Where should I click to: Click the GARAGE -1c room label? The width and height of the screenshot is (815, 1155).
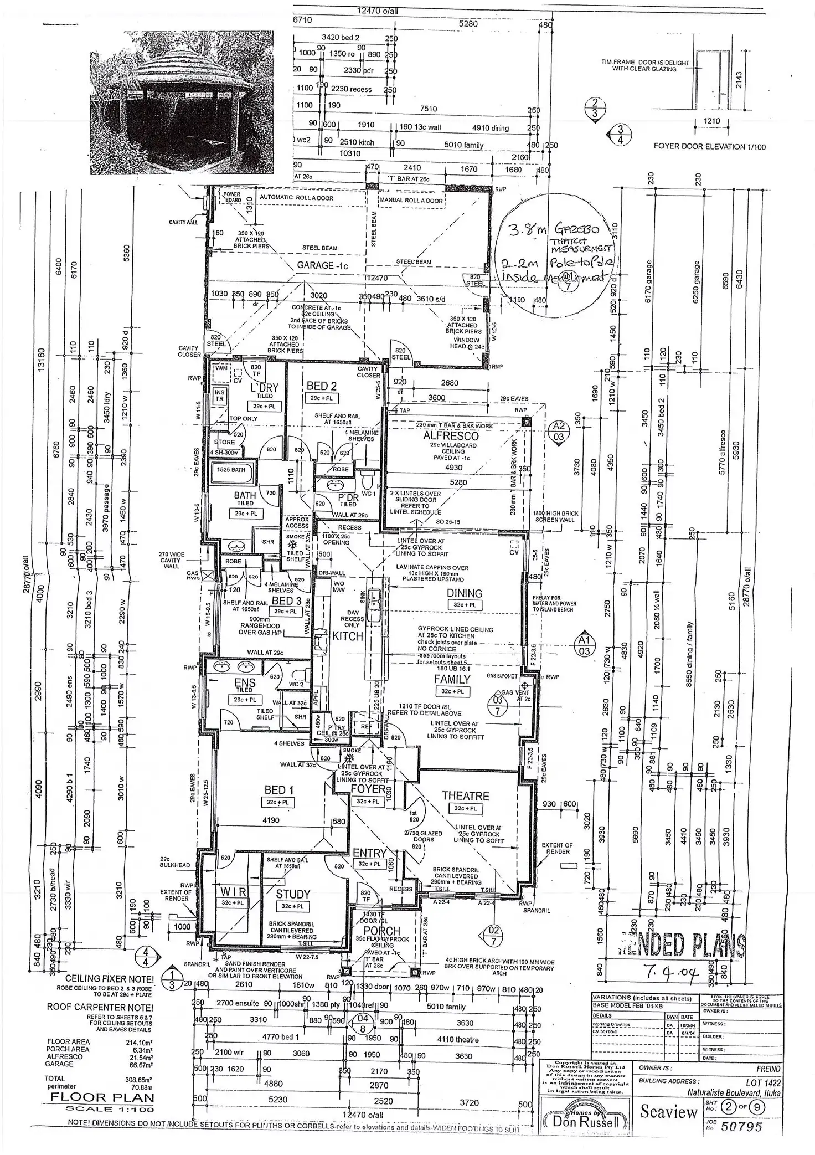[x=322, y=265]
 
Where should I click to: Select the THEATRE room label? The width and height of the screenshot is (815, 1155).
[x=465, y=796]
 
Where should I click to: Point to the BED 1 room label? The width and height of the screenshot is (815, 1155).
[x=278, y=790]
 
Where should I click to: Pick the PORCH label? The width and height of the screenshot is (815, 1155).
[x=381, y=931]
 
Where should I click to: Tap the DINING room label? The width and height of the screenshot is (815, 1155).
[x=465, y=593]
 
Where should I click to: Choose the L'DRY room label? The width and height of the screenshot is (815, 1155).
[x=264, y=388]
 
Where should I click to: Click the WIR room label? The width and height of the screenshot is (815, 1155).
[x=234, y=892]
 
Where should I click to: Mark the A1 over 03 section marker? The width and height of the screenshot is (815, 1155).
[x=584, y=645]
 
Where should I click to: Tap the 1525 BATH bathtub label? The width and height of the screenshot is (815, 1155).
[x=231, y=470]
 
